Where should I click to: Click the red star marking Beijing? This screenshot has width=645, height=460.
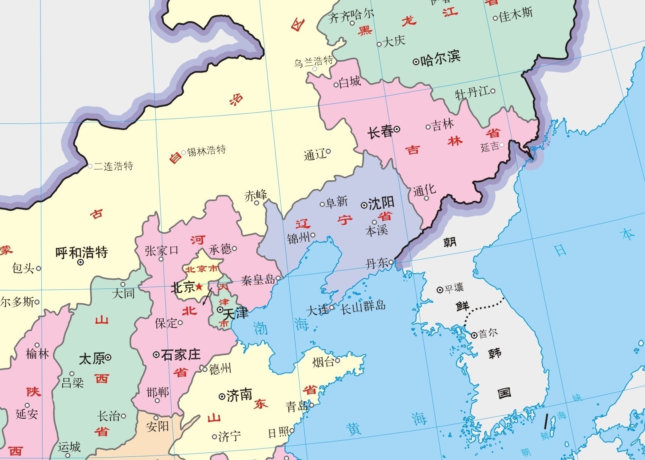pos(199,286)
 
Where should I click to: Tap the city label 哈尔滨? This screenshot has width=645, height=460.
pos(440,59)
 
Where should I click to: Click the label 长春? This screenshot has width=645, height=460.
pos(380,131)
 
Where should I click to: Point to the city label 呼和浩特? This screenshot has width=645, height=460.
pos(81,252)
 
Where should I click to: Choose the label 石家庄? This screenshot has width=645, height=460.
pos(181,355)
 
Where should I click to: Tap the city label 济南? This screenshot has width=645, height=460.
pos(239,395)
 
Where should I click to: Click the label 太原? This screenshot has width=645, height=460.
pos(92,358)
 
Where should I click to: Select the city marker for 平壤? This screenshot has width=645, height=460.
pos(440,290)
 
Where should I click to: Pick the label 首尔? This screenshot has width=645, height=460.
pos(488,333)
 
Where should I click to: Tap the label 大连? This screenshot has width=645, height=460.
pos(317,310)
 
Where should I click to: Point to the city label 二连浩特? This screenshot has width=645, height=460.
pos(114,166)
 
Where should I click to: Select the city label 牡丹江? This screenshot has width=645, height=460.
pos(472,93)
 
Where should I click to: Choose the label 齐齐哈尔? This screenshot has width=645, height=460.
pos(351,16)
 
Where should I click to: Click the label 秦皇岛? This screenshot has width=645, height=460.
pos(258,279)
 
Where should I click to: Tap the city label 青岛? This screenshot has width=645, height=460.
pos(296,407)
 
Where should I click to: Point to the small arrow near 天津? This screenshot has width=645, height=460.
pos(207,297)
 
